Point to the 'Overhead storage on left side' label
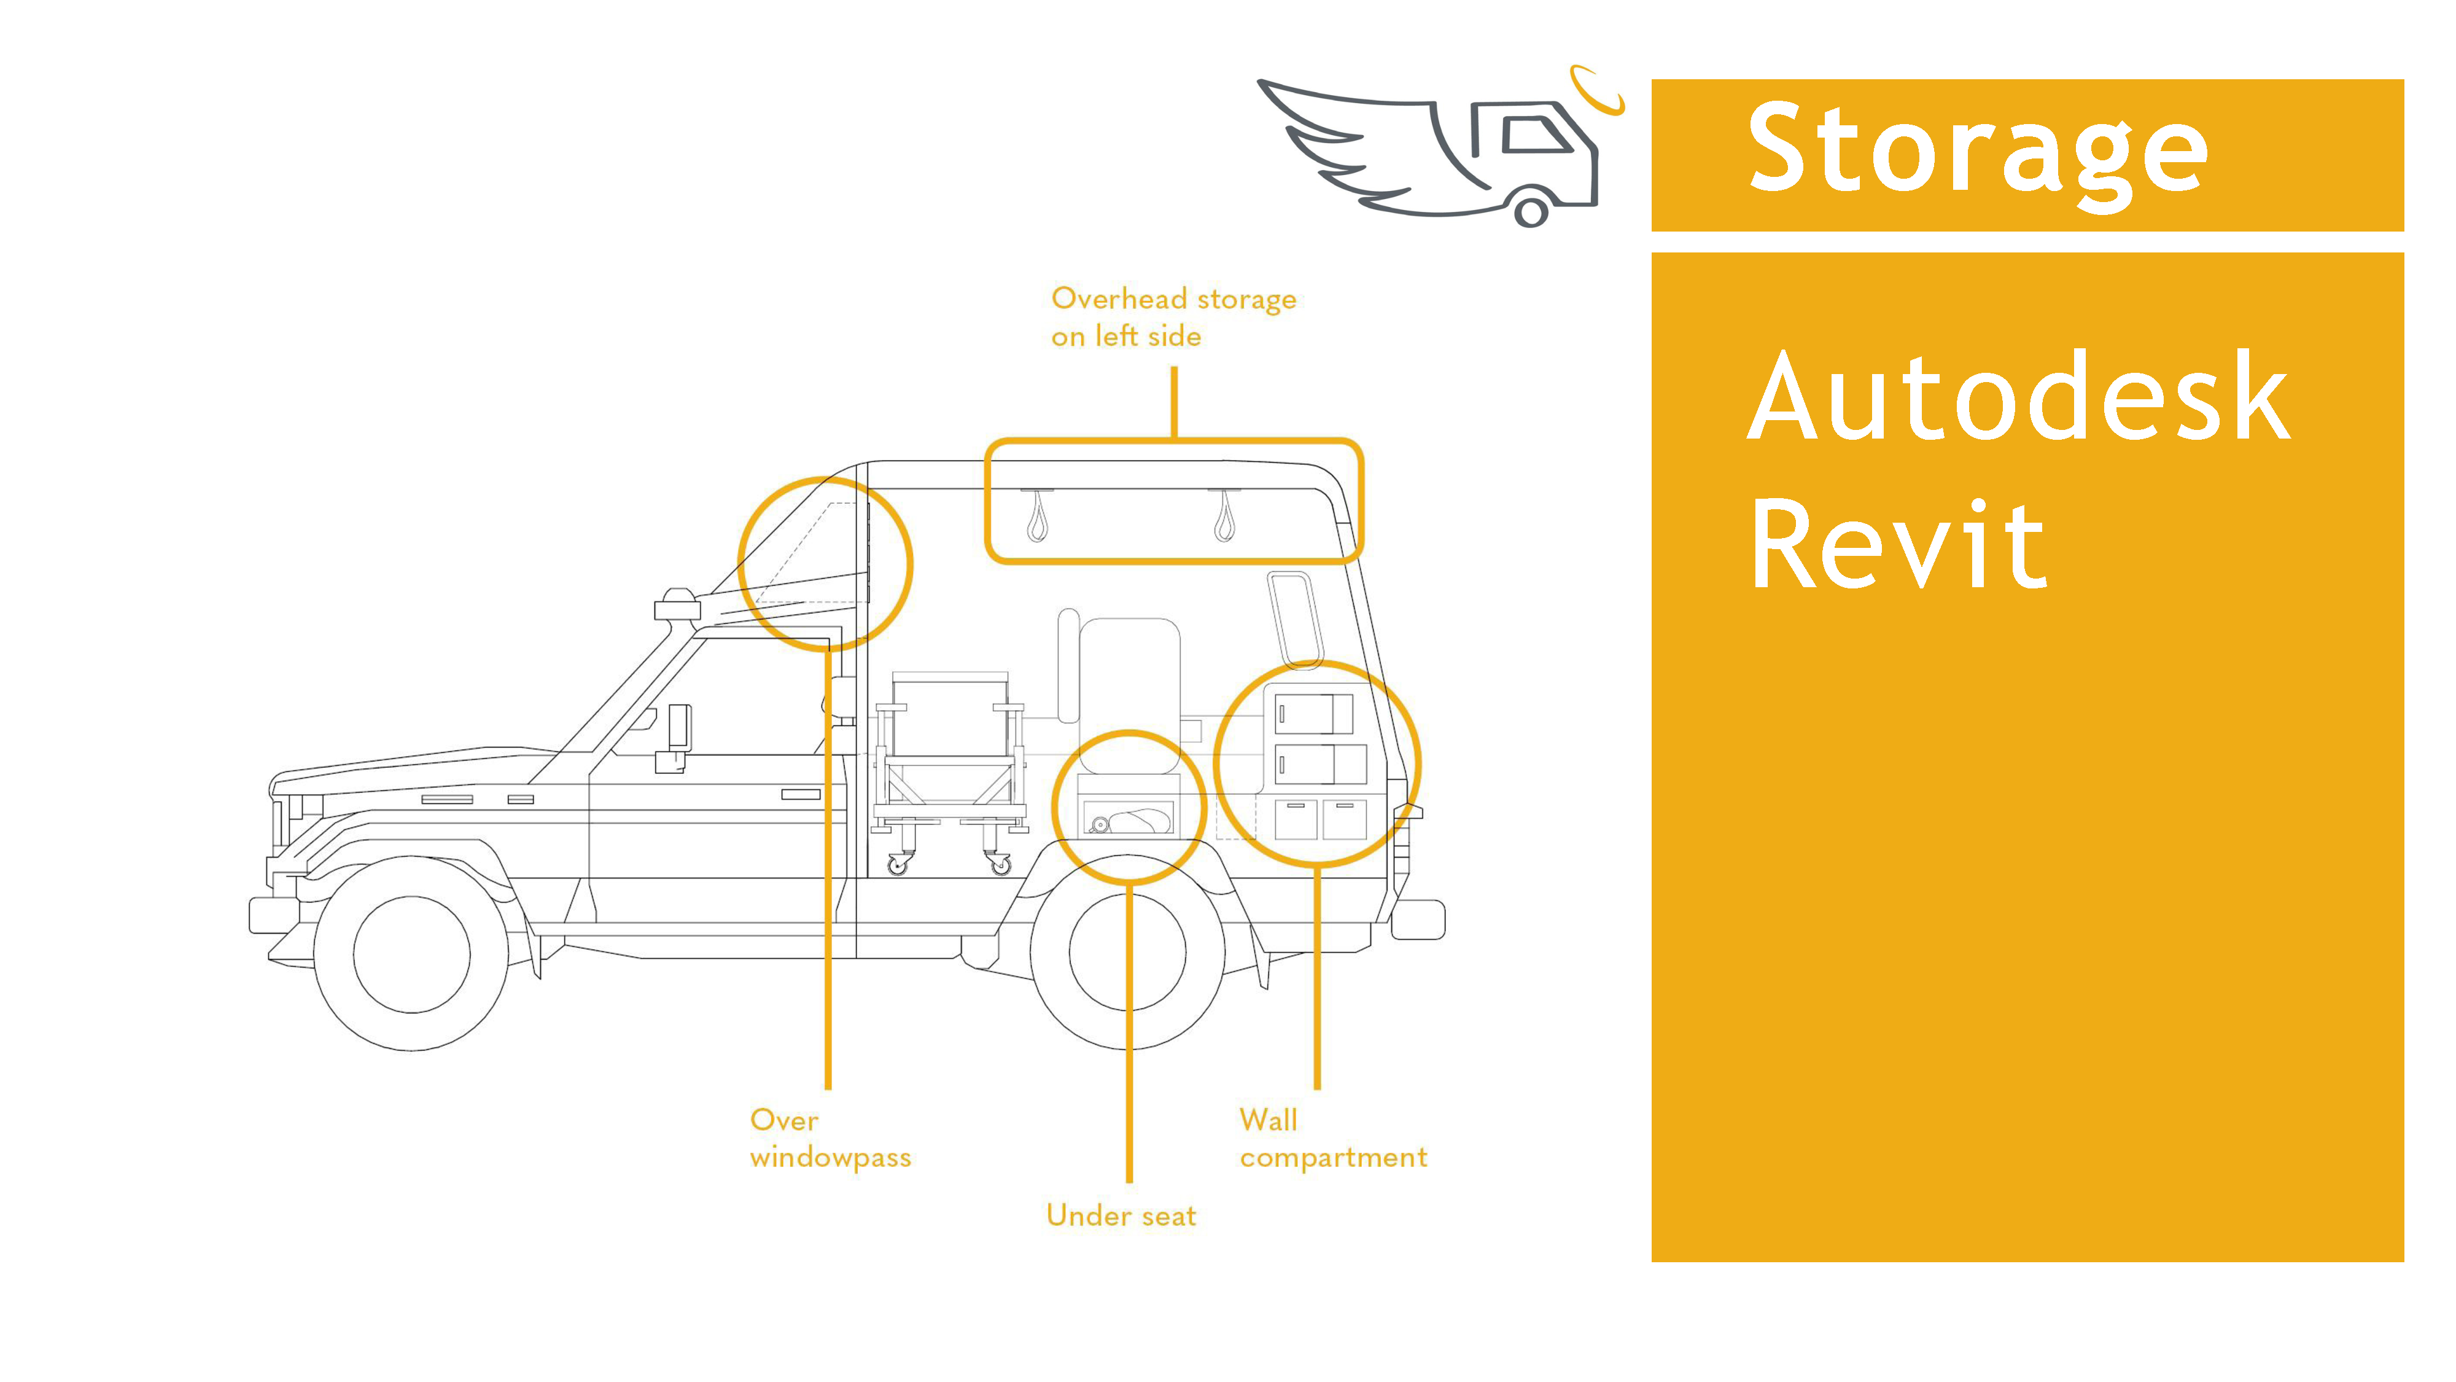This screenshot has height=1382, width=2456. pos(1173,317)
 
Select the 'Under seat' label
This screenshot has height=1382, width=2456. pos(1121,1215)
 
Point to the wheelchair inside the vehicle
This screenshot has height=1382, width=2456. pos(950,763)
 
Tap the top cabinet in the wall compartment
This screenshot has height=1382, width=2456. pos(1315,713)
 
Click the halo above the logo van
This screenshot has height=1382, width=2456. pos(1597,88)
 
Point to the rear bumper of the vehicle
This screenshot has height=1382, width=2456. pos(1418,919)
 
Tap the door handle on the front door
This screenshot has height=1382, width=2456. pos(800,794)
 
